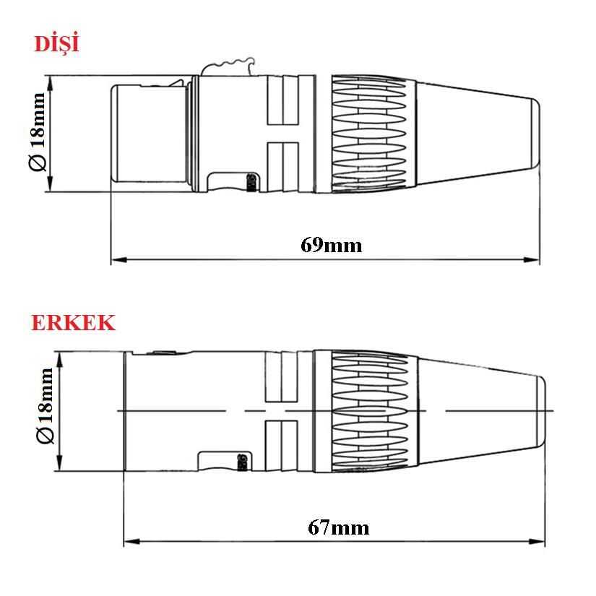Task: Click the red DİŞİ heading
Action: pyautogui.click(x=56, y=43)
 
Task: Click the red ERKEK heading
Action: pyautogui.click(x=73, y=322)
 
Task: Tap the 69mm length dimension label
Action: pyautogui.click(x=332, y=245)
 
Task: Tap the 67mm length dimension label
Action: pyautogui.click(x=338, y=527)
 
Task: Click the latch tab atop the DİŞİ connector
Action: pyautogui.click(x=228, y=68)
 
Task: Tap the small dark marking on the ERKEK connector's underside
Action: pyautogui.click(x=243, y=461)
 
